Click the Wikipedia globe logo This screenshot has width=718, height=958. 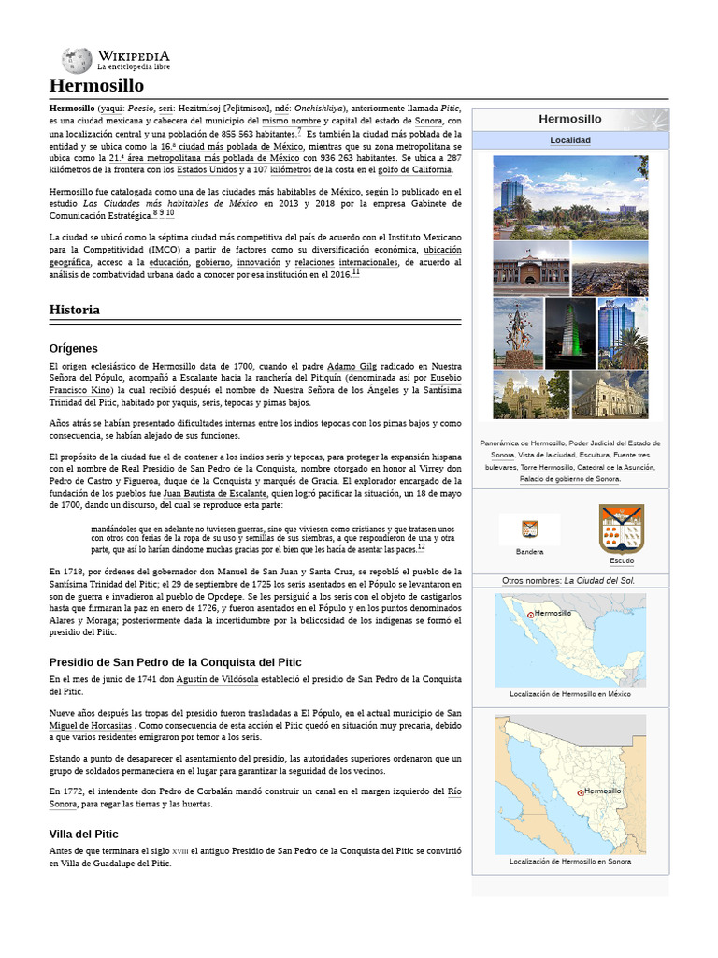coord(77,61)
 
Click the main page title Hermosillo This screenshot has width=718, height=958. coord(96,86)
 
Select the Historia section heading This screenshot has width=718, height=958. coord(75,309)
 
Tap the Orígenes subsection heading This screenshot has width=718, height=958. coord(73,348)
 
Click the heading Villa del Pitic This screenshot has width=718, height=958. coord(96,833)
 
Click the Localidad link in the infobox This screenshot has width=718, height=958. coord(569,140)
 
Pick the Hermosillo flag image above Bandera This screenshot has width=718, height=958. coord(529,530)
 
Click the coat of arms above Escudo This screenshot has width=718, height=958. coord(621,530)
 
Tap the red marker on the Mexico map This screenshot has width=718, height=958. coord(531,615)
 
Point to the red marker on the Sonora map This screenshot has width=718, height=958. coord(581,792)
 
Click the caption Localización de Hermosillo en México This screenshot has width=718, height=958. coord(569,694)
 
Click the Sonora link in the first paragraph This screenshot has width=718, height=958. coord(428,121)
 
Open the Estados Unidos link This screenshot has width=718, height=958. coord(207,169)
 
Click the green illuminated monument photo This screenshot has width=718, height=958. coord(569,332)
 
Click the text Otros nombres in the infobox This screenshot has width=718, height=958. coord(532,580)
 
